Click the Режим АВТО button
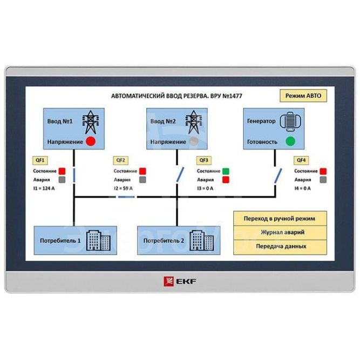[303, 96]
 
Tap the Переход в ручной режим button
[280, 218]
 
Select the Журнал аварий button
[280, 232]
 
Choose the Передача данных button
[280, 246]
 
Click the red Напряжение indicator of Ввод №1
[91, 141]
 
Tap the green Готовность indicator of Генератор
[290, 141]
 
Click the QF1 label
[40, 160]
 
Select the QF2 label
[121, 160]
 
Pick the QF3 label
[204, 160]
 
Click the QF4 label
[301, 160]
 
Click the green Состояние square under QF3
[226, 171]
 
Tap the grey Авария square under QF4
[323, 180]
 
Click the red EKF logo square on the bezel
[167, 280]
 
